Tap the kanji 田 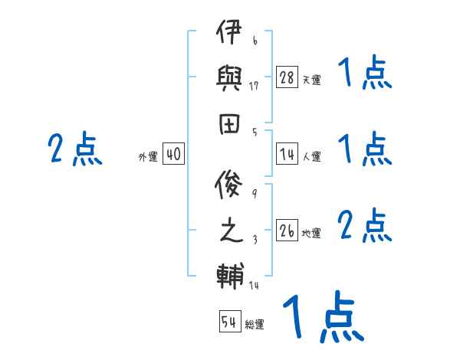[x=227, y=123]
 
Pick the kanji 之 [x=227, y=231]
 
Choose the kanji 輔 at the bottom [x=227, y=275]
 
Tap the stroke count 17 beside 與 [x=255, y=86]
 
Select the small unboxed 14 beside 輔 [x=255, y=286]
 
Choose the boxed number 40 [x=172, y=154]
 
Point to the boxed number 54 [x=230, y=322]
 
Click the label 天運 [x=311, y=80]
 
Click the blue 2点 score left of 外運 [x=75, y=149]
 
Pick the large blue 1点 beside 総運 [x=323, y=318]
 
